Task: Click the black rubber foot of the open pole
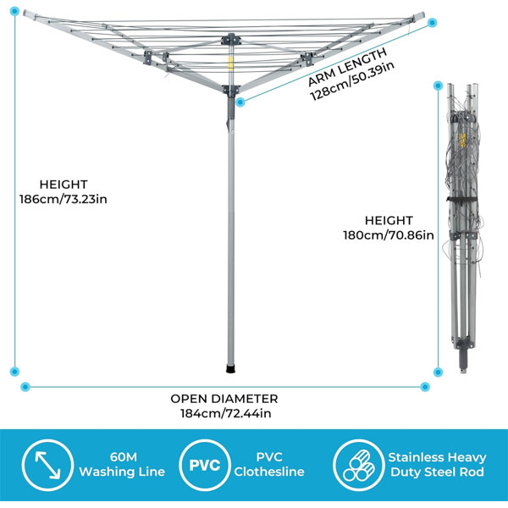231,369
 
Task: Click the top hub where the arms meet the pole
231,39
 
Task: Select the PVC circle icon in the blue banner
204,465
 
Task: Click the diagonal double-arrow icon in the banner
47,465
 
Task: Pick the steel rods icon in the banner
358,465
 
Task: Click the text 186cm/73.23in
63,199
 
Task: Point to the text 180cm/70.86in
389,235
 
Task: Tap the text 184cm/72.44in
226,413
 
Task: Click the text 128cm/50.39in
352,81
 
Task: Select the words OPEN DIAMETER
224,399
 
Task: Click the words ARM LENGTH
347,68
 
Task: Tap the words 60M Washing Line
123,464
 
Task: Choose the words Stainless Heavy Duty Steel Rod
438,465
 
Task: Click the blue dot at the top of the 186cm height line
14,12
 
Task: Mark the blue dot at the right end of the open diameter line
425,387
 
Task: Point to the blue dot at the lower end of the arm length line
240,102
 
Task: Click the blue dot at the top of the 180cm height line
438,86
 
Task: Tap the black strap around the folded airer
462,199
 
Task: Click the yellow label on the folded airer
462,140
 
